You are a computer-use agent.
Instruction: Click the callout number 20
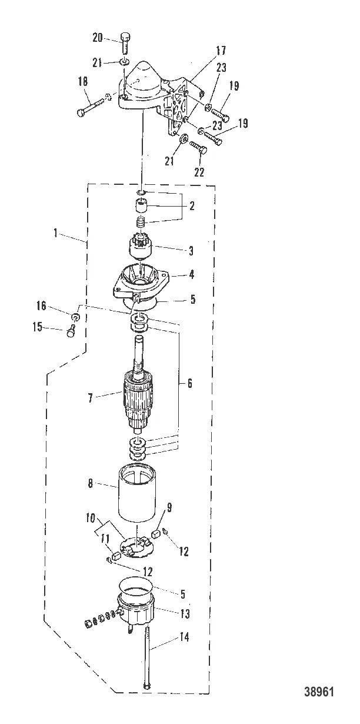[x=98, y=38]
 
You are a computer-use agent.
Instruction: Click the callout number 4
[x=191, y=274]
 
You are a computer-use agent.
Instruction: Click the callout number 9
[x=169, y=506]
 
